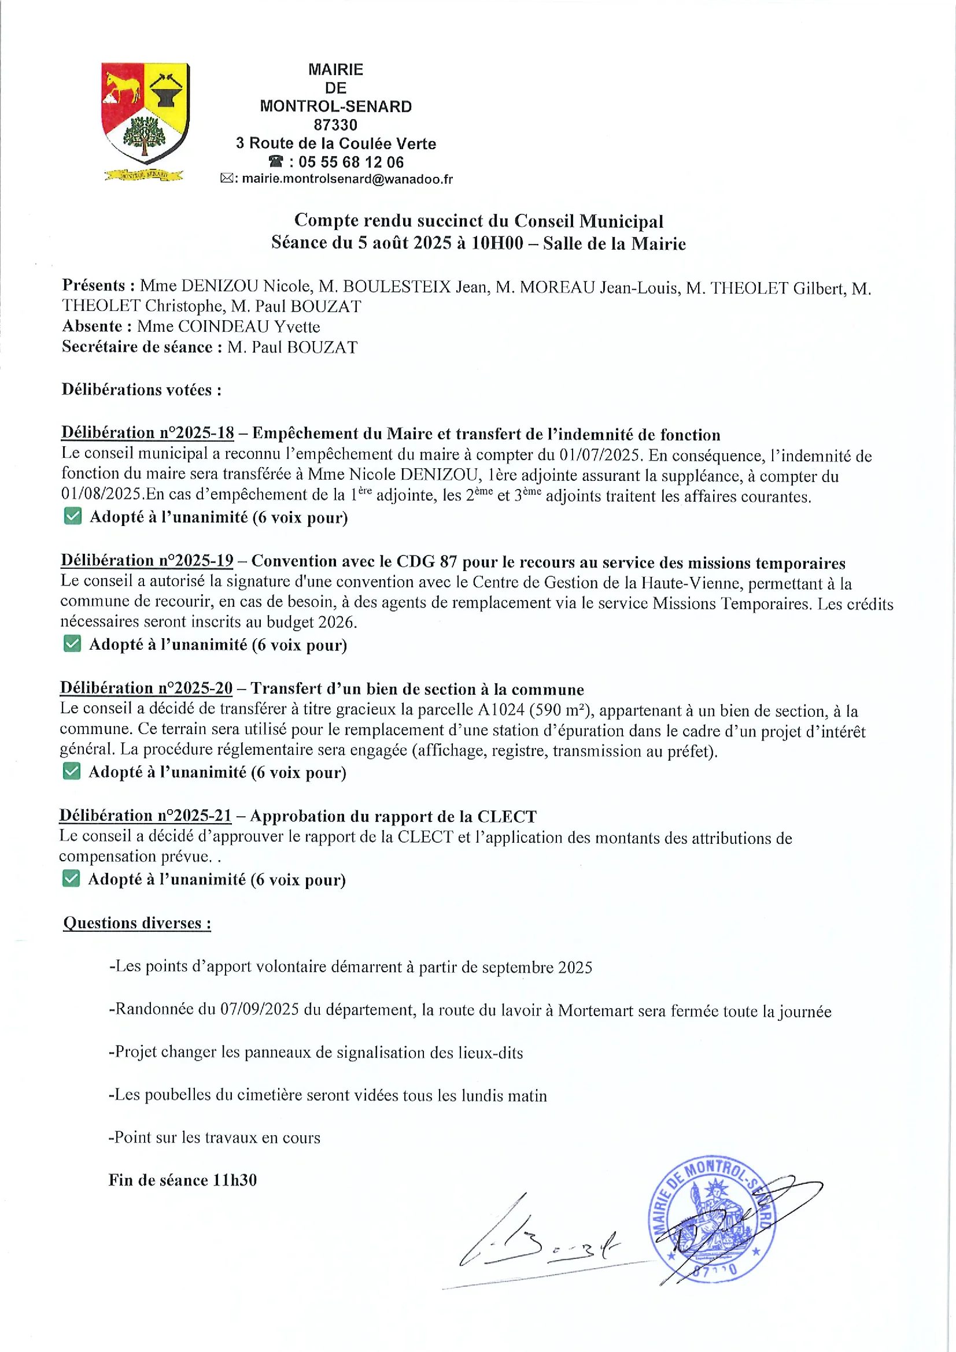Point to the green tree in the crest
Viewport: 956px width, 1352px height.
tap(144, 135)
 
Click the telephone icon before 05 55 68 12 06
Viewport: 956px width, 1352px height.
tap(276, 162)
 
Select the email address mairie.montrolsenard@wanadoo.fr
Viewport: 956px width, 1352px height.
tap(347, 179)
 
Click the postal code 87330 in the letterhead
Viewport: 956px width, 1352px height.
tap(335, 125)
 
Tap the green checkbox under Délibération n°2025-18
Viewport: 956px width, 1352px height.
tap(72, 516)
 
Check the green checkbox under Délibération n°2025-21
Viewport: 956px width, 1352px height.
tap(71, 879)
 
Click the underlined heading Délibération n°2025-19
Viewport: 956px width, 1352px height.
tap(147, 560)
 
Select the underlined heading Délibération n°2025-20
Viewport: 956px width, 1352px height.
tap(147, 688)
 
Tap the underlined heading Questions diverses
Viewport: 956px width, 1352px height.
tap(136, 923)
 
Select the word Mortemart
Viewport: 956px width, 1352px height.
tap(596, 1010)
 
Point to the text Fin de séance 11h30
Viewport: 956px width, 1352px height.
tap(183, 1180)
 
